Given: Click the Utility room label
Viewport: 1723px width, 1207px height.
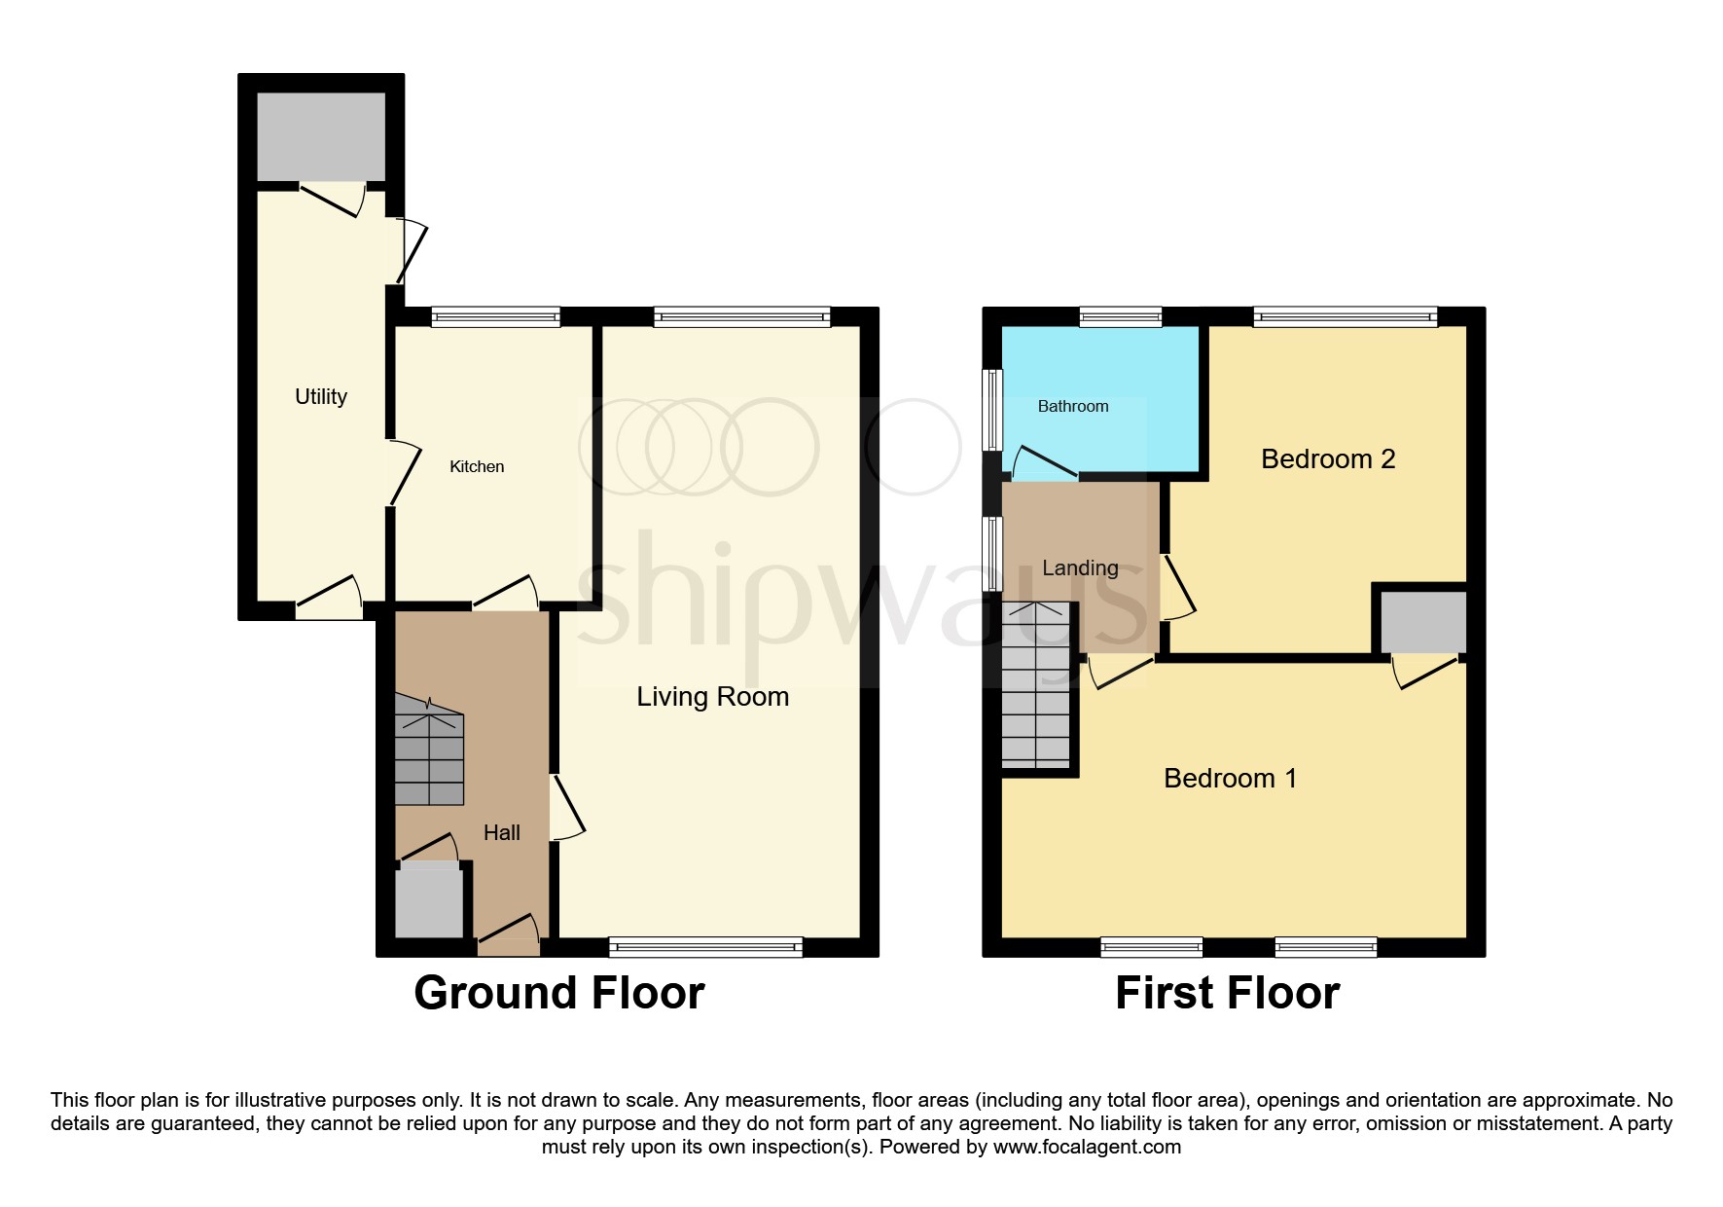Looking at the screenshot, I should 320,396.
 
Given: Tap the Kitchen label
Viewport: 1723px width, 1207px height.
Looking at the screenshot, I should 477,466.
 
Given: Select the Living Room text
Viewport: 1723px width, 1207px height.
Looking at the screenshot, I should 712,696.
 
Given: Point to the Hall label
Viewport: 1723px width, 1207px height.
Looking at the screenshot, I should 502,832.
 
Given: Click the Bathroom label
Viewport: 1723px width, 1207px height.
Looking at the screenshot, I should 1073,406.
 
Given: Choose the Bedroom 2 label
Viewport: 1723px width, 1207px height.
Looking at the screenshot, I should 1328,458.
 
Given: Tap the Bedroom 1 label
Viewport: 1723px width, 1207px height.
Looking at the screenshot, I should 1230,778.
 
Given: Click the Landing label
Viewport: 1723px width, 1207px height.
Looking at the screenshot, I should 1080,567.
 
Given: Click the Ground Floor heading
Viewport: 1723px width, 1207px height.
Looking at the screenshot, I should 558,993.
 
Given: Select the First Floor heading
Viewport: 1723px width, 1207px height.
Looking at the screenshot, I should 1227,993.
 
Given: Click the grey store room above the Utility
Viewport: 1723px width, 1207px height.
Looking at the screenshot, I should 320,135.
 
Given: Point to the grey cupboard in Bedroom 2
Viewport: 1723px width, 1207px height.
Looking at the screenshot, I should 1423,621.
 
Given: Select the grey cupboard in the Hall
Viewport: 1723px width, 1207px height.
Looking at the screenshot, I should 428,901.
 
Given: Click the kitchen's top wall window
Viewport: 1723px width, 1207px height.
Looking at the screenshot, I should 496,316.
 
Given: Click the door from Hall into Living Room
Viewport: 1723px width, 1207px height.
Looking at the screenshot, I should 567,806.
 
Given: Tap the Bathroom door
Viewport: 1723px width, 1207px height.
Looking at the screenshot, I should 1044,462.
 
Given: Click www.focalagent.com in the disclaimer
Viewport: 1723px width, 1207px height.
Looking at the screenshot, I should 1086,1147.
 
